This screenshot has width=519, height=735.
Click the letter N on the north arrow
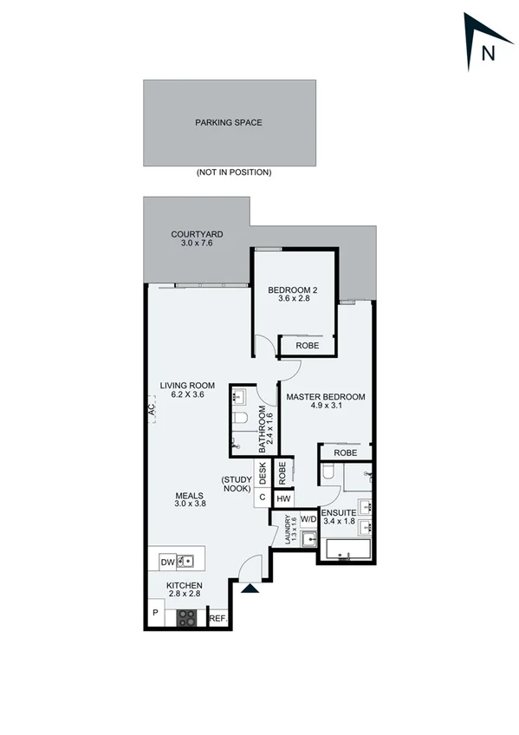click(x=488, y=53)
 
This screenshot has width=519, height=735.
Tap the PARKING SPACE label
click(x=229, y=122)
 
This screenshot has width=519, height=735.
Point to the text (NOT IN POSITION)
click(x=233, y=172)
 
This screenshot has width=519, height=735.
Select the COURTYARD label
click(x=198, y=234)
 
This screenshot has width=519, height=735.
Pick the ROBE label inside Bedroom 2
click(x=307, y=345)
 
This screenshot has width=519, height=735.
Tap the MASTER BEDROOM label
click(x=326, y=397)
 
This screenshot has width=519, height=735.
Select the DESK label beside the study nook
click(x=263, y=473)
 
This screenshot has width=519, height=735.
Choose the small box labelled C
click(x=262, y=498)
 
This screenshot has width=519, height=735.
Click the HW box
click(x=282, y=498)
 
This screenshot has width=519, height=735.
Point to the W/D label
click(x=308, y=520)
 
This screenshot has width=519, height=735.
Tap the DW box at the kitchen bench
click(x=168, y=563)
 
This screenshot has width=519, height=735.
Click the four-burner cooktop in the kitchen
click(x=187, y=618)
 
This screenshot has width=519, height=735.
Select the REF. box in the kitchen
click(x=218, y=619)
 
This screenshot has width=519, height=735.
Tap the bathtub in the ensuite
click(x=347, y=550)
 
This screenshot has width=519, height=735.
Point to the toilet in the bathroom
click(x=242, y=420)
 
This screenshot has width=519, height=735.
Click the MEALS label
click(x=188, y=496)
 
